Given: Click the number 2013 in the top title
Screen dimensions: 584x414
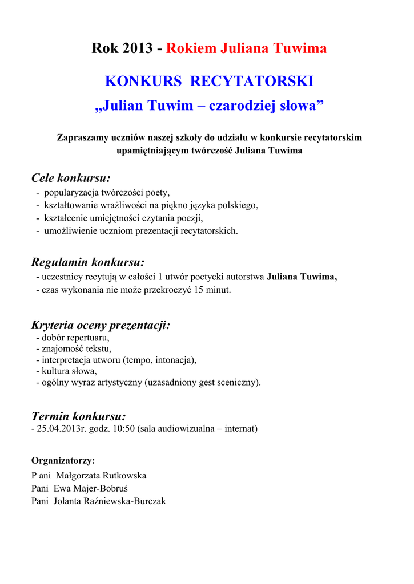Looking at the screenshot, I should (x=137, y=49).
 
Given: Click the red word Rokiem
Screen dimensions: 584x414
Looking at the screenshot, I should (x=191, y=49).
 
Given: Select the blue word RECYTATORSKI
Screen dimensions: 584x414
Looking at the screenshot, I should (x=251, y=82).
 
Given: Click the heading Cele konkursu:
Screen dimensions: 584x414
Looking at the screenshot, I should (x=71, y=178).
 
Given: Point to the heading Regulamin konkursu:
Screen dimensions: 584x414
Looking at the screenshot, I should (x=87, y=262).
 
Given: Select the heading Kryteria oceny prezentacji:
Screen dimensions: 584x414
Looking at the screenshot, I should (x=101, y=326).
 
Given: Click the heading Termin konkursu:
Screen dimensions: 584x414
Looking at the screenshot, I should (x=78, y=416).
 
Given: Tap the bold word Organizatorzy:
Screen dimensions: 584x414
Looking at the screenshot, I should (x=63, y=460).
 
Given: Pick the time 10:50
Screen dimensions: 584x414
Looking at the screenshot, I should (x=124, y=428).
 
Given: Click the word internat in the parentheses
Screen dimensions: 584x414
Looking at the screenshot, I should (x=240, y=428).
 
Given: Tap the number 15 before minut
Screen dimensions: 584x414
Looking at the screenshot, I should (x=199, y=290).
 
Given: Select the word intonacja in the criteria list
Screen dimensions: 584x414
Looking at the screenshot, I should (x=174, y=360).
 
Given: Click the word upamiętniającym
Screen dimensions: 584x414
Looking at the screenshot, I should (x=152, y=151).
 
